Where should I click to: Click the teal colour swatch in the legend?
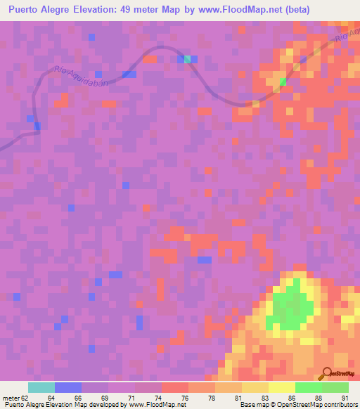click(x=41, y=387)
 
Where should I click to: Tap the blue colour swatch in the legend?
click(x=68, y=387)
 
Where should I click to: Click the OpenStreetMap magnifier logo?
click(x=328, y=375)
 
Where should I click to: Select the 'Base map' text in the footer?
click(x=252, y=405)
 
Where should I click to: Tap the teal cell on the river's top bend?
click(x=188, y=59)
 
